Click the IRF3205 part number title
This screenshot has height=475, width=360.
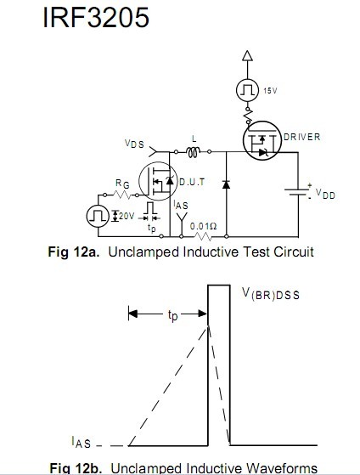click(x=96, y=17)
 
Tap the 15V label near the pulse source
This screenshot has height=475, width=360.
click(x=270, y=91)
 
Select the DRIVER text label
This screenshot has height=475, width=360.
click(x=302, y=137)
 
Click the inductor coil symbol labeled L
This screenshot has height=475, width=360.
click(x=194, y=152)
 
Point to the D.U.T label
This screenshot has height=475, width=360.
click(x=192, y=182)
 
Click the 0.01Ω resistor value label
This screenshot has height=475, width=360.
click(x=203, y=226)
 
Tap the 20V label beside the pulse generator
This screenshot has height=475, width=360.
click(x=127, y=216)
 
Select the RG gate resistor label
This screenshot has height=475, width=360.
click(x=122, y=184)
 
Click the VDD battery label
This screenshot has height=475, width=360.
click(x=325, y=193)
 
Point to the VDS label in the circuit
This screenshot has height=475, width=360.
click(x=134, y=144)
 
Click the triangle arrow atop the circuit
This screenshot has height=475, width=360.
click(x=247, y=56)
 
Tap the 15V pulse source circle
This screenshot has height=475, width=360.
click(x=247, y=90)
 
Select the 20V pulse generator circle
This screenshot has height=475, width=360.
click(x=98, y=217)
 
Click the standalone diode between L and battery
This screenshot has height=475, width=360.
click(x=226, y=184)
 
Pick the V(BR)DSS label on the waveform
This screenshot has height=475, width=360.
click(x=271, y=294)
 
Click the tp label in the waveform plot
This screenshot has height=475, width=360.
click(x=172, y=315)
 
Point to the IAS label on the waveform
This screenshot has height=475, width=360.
click(x=82, y=442)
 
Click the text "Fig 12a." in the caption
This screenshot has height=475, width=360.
click(x=74, y=252)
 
